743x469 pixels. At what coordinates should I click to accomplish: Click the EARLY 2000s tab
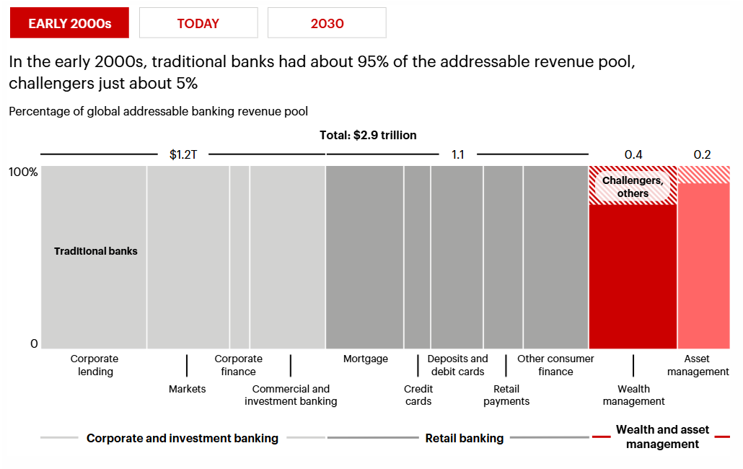tap(69, 23)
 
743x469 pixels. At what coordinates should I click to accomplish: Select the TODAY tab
tap(198, 23)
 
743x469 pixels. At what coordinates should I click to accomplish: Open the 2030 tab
tap(327, 23)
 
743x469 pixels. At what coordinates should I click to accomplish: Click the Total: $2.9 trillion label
tap(368, 135)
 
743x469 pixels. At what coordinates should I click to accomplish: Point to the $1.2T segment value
tap(183, 154)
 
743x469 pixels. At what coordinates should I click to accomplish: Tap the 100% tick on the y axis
tap(24, 172)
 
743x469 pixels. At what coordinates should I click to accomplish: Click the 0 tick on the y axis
tap(34, 344)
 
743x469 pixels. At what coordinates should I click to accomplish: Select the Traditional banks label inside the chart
tap(95, 251)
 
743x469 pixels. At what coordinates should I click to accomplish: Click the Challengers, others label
tap(633, 187)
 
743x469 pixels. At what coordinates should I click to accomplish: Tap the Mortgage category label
tap(365, 359)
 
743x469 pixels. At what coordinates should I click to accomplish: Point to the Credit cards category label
tap(418, 395)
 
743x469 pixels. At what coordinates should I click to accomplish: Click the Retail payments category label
tap(506, 395)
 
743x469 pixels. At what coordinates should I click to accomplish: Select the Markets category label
tap(187, 389)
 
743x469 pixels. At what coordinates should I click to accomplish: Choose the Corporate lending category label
tap(94, 365)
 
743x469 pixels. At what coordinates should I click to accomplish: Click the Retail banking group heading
tap(465, 438)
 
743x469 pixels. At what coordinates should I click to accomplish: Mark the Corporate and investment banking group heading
tap(182, 438)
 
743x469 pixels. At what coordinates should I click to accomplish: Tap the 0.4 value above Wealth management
tap(633, 154)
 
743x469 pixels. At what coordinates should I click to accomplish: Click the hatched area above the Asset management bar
tap(703, 175)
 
